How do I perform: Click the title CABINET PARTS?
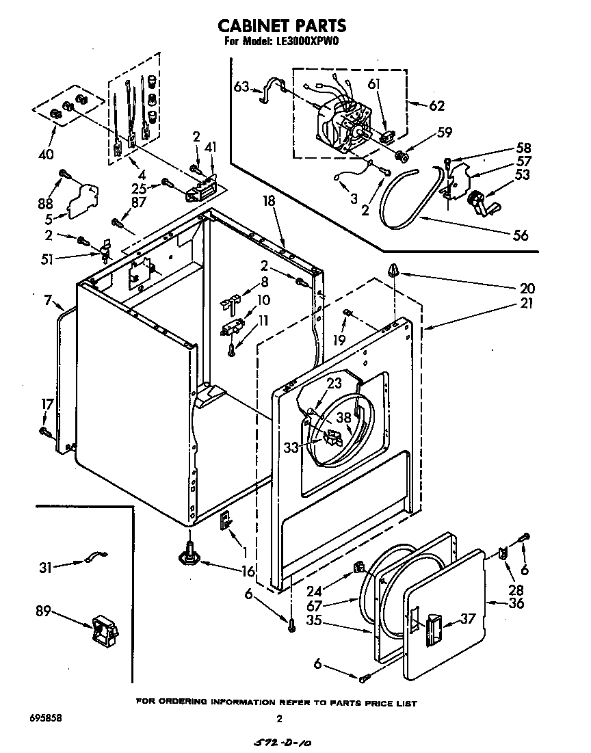coord(281,25)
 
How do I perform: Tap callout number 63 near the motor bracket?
coord(241,87)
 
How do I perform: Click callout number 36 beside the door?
coord(516,603)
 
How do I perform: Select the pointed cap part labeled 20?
coord(393,270)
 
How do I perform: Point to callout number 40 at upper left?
coord(45,155)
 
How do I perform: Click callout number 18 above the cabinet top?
coord(270,201)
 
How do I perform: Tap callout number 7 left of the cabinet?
coord(47,300)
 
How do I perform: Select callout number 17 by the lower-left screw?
coord(46,404)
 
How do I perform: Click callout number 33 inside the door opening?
coord(291,448)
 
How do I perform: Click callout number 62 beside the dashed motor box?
coord(436,105)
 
